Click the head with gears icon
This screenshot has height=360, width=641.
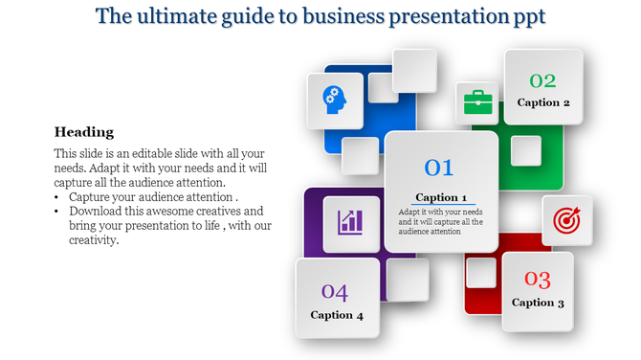point(334,100)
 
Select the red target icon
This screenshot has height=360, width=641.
point(566,220)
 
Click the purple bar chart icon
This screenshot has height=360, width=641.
point(350,223)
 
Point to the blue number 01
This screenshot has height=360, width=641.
point(438,169)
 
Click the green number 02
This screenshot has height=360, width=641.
point(542,80)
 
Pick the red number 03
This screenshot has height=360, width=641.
point(537,280)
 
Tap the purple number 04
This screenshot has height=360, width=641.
point(335,291)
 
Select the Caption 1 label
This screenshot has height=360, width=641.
point(441,197)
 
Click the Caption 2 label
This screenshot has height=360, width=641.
point(543,102)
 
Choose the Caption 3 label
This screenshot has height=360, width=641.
point(538,303)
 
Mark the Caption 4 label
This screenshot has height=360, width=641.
point(337,314)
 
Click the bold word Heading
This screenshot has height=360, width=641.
point(84,132)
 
